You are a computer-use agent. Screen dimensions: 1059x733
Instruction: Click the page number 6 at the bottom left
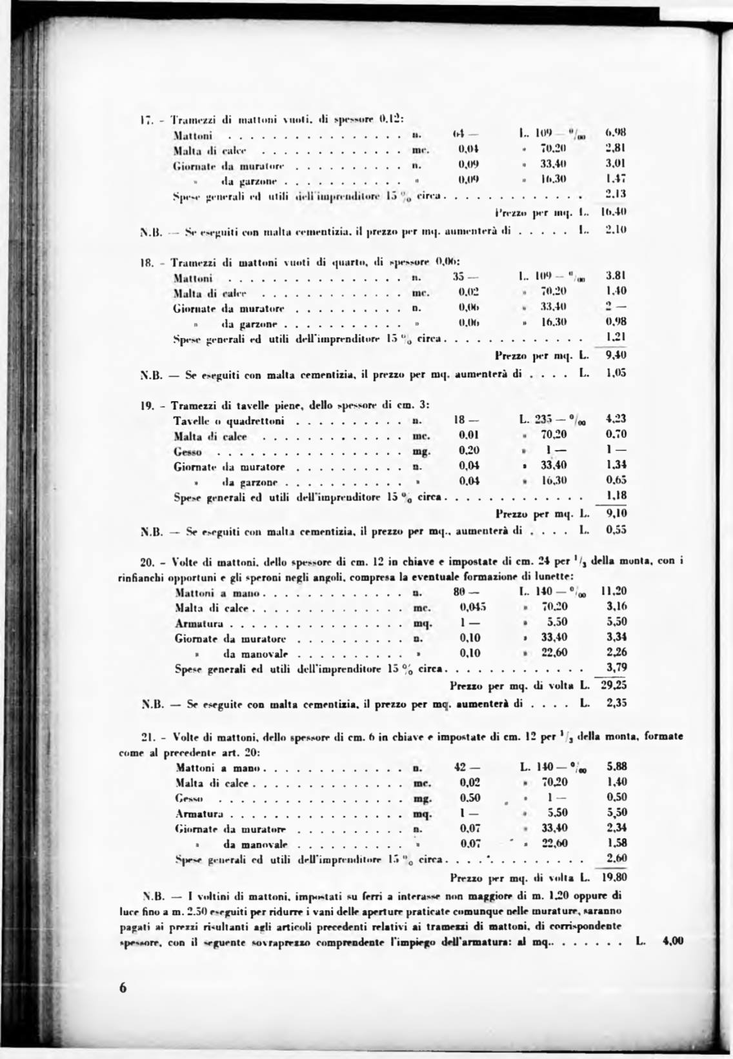pos(123,989)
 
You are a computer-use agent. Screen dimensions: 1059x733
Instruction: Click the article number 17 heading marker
pos(145,120)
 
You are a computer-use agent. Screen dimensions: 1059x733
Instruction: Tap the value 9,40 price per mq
pos(616,355)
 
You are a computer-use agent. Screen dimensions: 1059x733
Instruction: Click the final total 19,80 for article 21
pos(614,877)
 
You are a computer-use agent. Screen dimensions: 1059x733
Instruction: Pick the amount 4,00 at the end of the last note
pos(672,941)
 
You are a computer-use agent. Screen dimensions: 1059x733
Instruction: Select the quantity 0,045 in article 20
pos(473,606)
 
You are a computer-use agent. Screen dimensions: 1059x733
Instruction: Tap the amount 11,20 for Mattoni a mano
pos(614,591)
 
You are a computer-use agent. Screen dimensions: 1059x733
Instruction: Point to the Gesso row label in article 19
pos(188,451)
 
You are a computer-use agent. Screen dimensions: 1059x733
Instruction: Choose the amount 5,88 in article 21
pos(617,767)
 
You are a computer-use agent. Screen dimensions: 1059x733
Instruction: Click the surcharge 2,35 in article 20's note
pos(616,704)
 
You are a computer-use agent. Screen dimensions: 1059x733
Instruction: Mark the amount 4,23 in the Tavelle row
pos(616,419)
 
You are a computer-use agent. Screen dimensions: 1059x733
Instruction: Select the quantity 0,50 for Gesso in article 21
pos(470,798)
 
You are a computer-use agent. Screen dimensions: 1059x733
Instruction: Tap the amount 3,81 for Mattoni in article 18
pos(616,276)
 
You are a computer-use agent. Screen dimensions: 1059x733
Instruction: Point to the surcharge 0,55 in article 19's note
pos(616,531)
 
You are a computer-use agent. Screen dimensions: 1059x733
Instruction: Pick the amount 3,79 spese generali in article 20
pos(617,668)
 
